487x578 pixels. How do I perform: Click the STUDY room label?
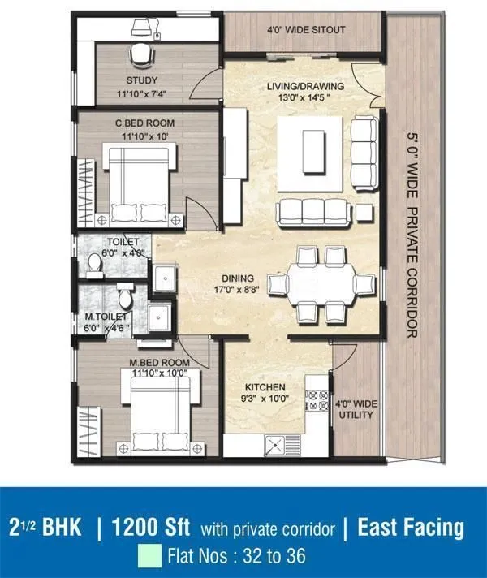tap(141, 80)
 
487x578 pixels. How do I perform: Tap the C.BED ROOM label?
tap(144, 123)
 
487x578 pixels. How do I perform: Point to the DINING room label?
tap(236, 278)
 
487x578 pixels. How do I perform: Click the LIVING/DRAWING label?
tap(306, 86)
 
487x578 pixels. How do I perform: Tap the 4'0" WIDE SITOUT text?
tap(306, 30)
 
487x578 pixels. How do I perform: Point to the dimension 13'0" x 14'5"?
tap(306, 98)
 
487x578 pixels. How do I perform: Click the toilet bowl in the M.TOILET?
tap(124, 292)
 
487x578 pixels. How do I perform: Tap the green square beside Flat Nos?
tap(149, 558)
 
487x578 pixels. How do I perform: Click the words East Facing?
tap(410, 529)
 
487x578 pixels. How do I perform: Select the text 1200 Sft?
tap(151, 529)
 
